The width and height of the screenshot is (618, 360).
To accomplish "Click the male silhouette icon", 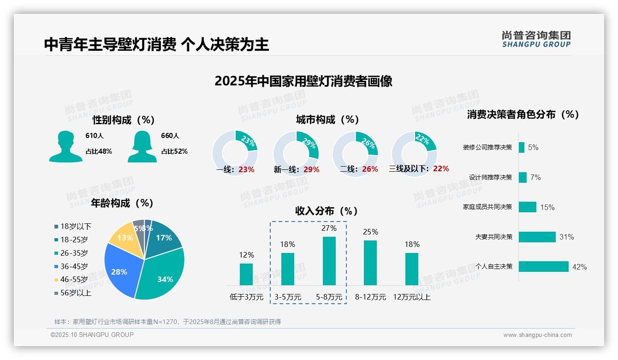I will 65,146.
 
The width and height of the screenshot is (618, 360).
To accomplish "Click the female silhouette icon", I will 142,146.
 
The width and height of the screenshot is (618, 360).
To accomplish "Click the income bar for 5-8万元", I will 329,261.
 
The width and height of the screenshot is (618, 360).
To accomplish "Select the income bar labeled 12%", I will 246,274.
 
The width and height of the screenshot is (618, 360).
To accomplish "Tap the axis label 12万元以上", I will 411,297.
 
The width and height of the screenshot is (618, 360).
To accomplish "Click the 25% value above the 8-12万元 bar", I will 370,232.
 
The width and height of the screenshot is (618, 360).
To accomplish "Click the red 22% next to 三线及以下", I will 441,169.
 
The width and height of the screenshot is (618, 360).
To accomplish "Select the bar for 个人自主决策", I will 543,267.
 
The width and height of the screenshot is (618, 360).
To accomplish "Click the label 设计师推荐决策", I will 490,177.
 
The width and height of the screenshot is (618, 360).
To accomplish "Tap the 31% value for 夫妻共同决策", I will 566,237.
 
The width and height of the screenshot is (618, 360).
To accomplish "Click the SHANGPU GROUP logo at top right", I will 536,39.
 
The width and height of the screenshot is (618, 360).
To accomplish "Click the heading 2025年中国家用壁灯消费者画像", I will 303,81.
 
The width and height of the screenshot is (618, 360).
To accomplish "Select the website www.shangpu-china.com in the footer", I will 537,335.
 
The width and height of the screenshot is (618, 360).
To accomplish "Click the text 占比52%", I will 174,151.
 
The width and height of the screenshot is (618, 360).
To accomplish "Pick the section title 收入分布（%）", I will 327,211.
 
